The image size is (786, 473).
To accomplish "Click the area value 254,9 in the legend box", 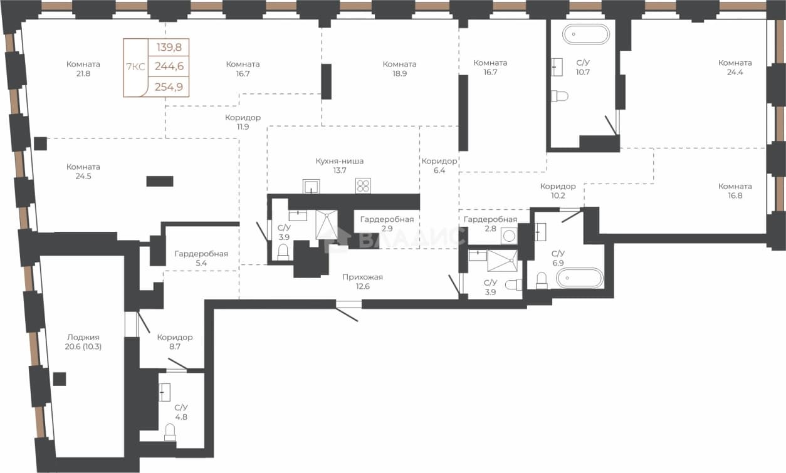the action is tap(169, 86).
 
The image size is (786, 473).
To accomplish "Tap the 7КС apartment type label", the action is tap(135, 66).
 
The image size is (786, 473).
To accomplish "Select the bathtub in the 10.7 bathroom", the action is tap(586, 34).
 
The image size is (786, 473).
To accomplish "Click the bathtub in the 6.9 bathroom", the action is tap(580, 278).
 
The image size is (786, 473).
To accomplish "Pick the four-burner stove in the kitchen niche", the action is tap(363, 186).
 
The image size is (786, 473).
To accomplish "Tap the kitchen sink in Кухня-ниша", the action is tap(312, 186).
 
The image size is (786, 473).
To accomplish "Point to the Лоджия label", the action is tap(83, 337).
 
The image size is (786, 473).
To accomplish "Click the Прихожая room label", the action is tap(362, 277).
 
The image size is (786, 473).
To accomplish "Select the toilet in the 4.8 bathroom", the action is tap(170, 432).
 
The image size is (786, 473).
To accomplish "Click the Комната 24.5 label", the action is tap(83, 172).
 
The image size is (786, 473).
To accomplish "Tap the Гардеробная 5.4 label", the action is tap(201, 258).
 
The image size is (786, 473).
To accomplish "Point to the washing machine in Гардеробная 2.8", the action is tap(509, 236).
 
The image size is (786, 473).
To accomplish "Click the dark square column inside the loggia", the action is tap(60, 379).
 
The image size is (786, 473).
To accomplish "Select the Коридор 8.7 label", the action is tap(175, 342).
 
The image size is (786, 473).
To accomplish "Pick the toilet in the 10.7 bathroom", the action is tap(560, 96).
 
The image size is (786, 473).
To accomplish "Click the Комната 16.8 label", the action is tap(735, 190).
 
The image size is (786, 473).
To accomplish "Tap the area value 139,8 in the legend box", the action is tap(169, 47).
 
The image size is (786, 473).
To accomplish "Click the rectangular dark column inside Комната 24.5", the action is tap(160, 181).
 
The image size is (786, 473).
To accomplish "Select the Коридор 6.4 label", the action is tap(439, 165).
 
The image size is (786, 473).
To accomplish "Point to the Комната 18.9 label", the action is tap(399, 69).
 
